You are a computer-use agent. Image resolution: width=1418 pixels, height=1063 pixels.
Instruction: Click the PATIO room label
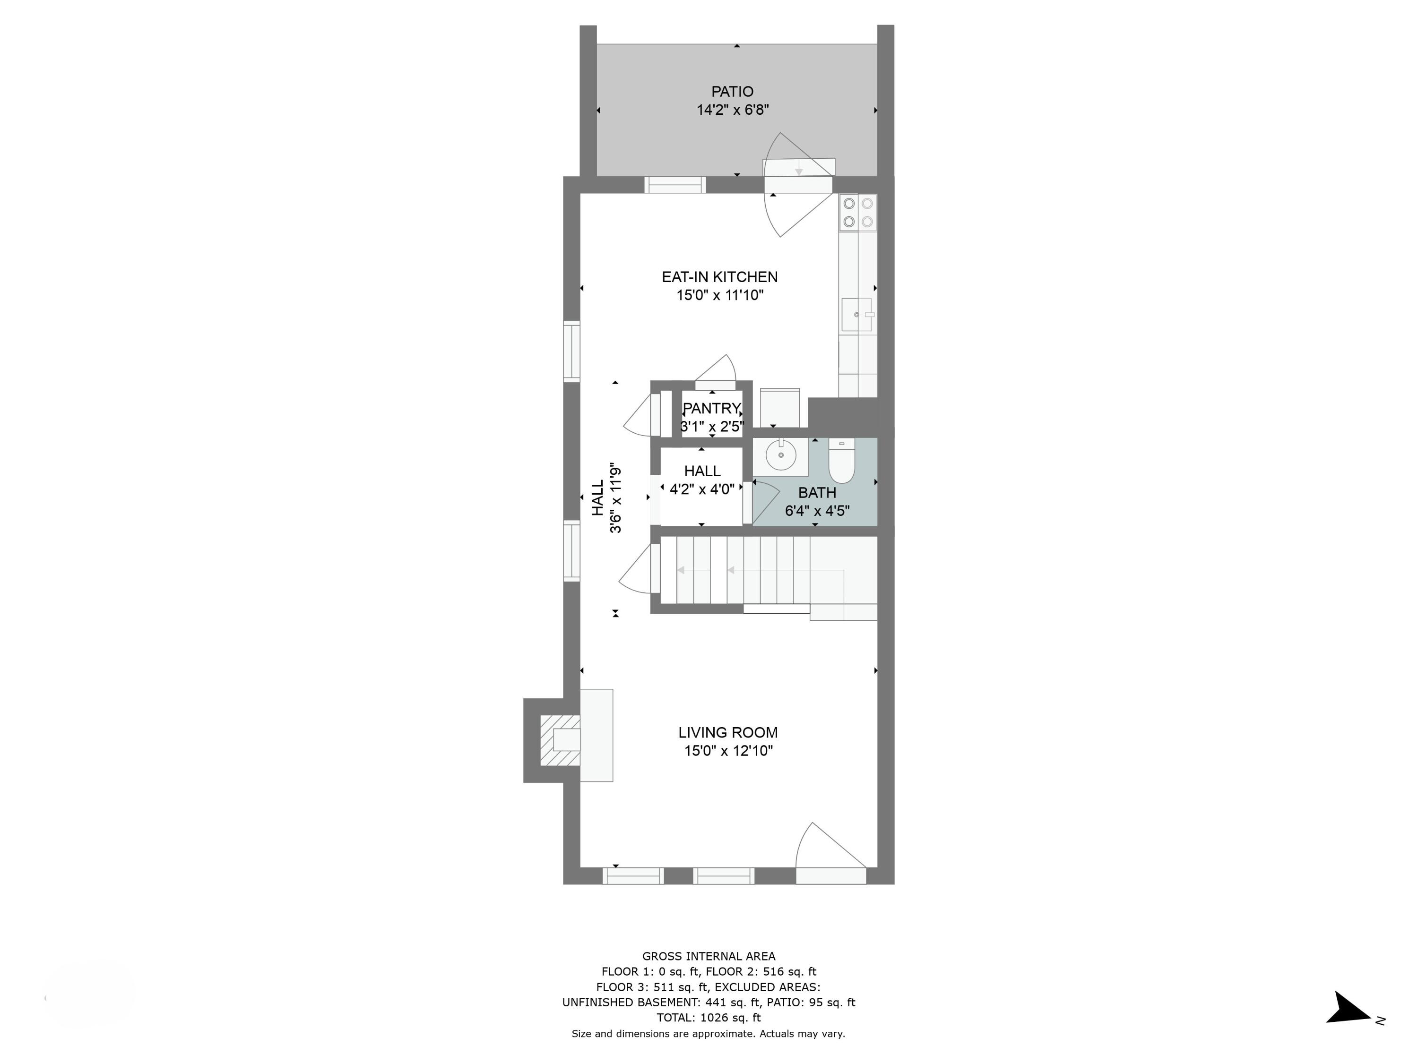(x=732, y=92)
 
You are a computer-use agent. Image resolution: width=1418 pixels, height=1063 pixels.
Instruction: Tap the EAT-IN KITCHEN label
(x=719, y=277)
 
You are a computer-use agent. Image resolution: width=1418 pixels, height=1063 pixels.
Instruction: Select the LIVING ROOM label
(x=727, y=732)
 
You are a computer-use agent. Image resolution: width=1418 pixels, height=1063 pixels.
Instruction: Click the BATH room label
(x=817, y=493)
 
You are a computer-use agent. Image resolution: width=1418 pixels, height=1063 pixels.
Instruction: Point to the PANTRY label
(x=711, y=408)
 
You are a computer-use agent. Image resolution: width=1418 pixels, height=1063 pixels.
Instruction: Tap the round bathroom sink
(x=781, y=455)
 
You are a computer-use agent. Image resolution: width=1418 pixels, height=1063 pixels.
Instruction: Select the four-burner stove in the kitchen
(x=858, y=212)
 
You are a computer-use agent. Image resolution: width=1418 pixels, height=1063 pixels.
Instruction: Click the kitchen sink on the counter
(x=856, y=315)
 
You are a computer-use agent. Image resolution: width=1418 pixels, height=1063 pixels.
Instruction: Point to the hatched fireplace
(x=559, y=740)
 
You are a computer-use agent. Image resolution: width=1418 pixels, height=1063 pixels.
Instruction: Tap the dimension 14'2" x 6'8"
(x=733, y=110)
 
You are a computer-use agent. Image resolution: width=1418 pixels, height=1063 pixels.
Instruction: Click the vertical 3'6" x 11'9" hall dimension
(x=615, y=498)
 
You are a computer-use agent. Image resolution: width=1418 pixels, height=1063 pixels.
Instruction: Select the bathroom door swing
(x=764, y=502)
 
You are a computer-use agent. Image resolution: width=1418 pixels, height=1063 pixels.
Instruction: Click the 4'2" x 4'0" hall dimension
(x=702, y=489)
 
